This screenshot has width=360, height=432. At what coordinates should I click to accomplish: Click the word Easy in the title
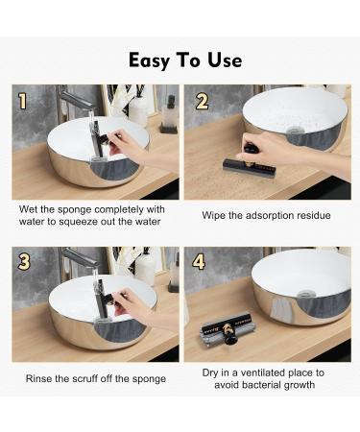tap(149, 60)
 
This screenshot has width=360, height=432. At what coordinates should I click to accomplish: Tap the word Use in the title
tap(225, 60)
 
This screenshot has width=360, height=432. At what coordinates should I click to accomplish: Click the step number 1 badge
tap(22, 102)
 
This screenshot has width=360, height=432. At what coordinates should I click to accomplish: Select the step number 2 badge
tap(202, 102)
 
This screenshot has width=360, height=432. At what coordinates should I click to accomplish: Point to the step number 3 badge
tap(24, 262)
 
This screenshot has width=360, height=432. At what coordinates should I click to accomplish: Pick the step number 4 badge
tap(199, 262)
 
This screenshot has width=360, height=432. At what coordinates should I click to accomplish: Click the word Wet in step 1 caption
tap(29, 209)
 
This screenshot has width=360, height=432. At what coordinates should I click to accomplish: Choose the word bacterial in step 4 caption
tap(264, 384)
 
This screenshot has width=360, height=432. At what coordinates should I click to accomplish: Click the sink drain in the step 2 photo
tap(293, 130)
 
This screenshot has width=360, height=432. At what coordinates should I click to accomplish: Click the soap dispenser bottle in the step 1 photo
tap(169, 114)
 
